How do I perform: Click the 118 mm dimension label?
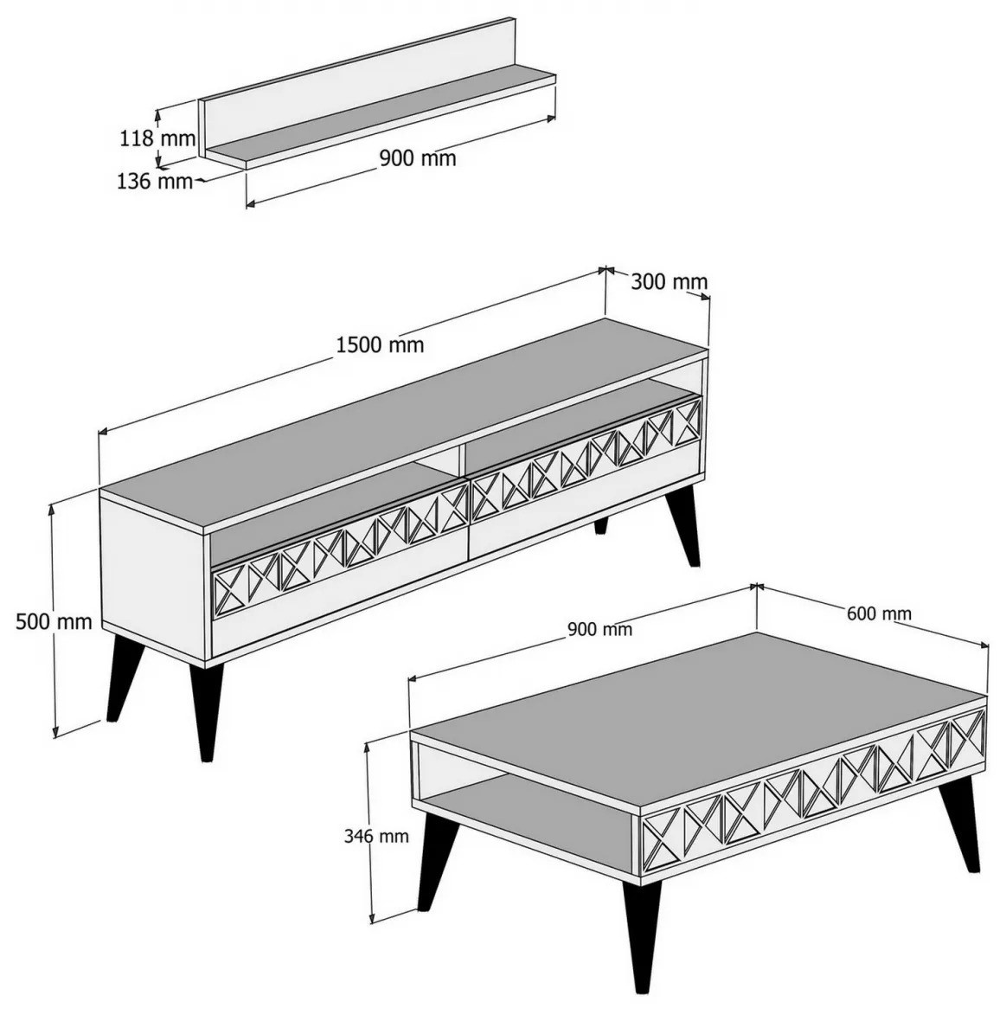click(x=157, y=138)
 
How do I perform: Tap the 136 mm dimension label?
click(x=155, y=181)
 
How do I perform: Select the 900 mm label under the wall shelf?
click(x=418, y=158)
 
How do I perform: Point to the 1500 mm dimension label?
click(x=380, y=344)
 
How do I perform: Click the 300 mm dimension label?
click(x=669, y=281)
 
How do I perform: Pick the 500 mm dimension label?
click(x=54, y=622)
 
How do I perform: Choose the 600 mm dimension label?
click(x=879, y=613)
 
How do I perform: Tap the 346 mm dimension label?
click(x=376, y=836)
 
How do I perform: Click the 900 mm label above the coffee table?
click(x=599, y=629)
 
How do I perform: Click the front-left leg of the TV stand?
click(x=207, y=710)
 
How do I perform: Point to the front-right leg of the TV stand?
click(x=686, y=528)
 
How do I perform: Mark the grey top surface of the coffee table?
click(x=700, y=710)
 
